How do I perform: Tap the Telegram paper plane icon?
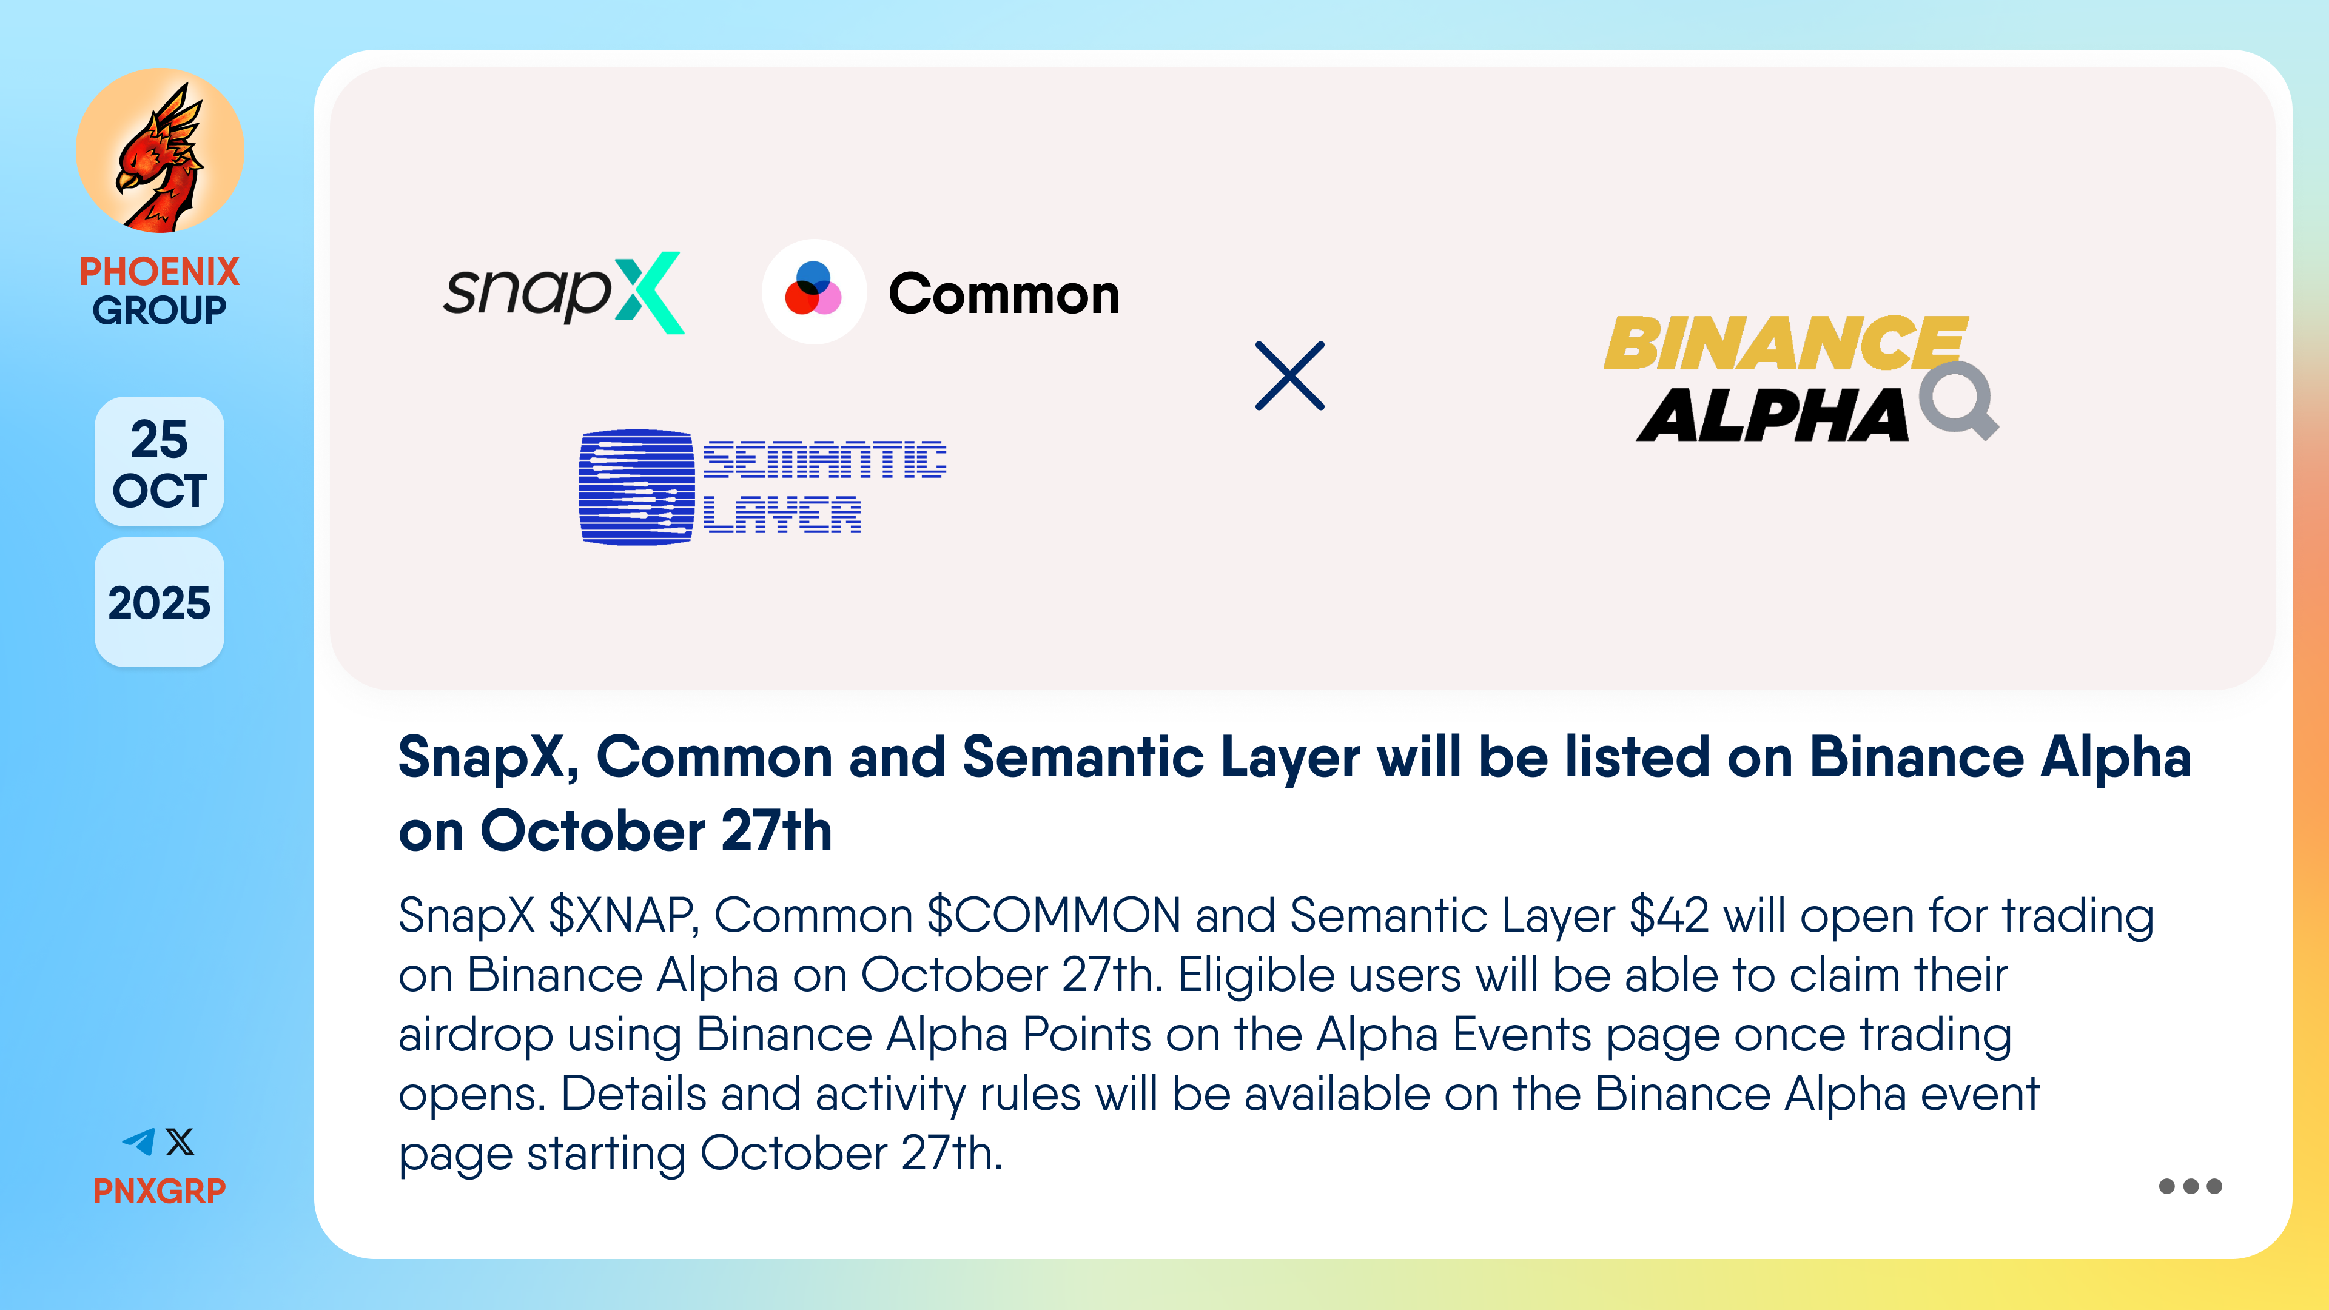tap(139, 1142)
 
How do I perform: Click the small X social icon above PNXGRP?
tap(180, 1142)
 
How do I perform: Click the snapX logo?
tap(563, 292)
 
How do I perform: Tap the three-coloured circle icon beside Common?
tap(814, 291)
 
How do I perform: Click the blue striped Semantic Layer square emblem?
tap(636, 487)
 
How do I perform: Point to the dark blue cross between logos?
tap(1290, 376)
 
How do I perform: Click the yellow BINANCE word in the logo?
tap(1786, 343)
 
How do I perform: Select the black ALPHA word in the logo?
tap(1772, 415)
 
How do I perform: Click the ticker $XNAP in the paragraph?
tap(623, 915)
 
